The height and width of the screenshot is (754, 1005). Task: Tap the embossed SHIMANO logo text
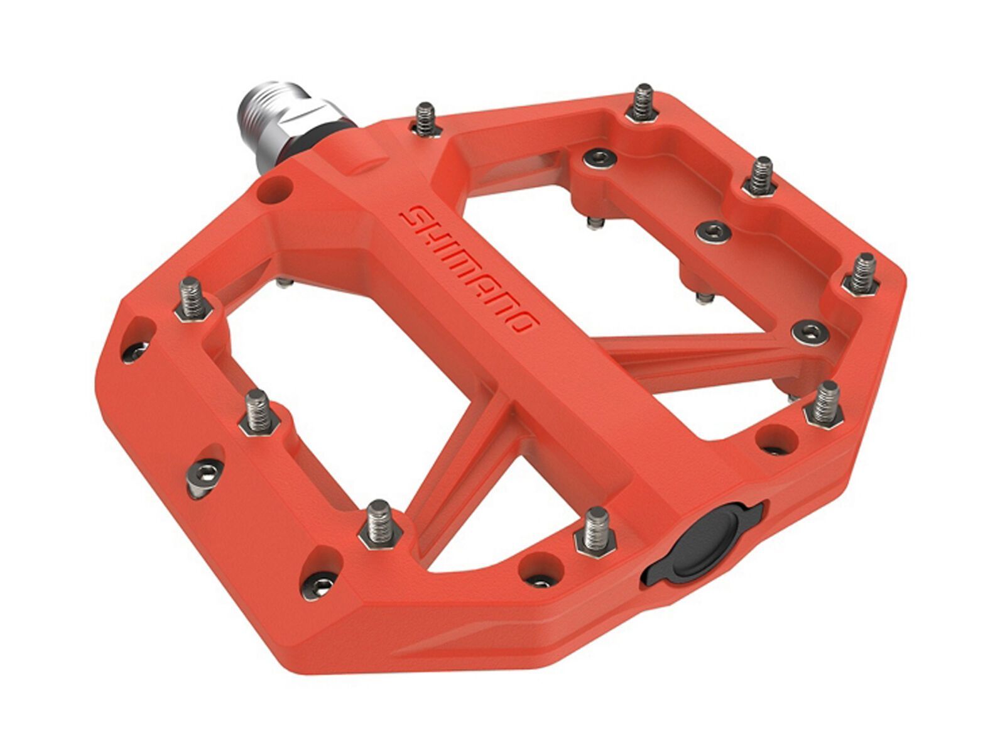point(469,270)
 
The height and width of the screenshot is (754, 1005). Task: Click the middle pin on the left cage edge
point(257,412)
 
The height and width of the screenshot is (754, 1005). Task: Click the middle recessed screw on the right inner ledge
point(712,232)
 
